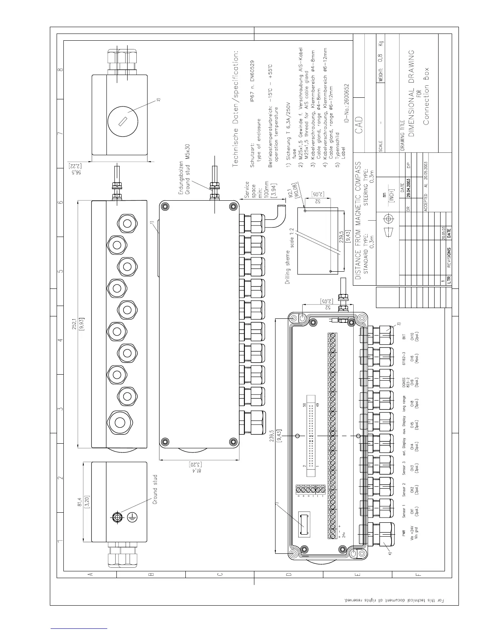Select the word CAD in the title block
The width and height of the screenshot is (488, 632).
pos(359,126)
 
